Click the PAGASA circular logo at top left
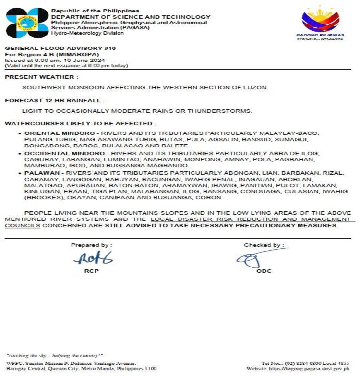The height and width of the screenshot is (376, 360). [27, 23]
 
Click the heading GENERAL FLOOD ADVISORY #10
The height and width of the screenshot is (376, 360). [60, 49]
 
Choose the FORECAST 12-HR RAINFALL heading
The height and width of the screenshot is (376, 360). [54, 100]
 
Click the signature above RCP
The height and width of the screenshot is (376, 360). [92, 258]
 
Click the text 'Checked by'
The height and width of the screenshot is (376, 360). [262, 245]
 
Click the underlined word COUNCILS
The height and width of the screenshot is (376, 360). [23, 225]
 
